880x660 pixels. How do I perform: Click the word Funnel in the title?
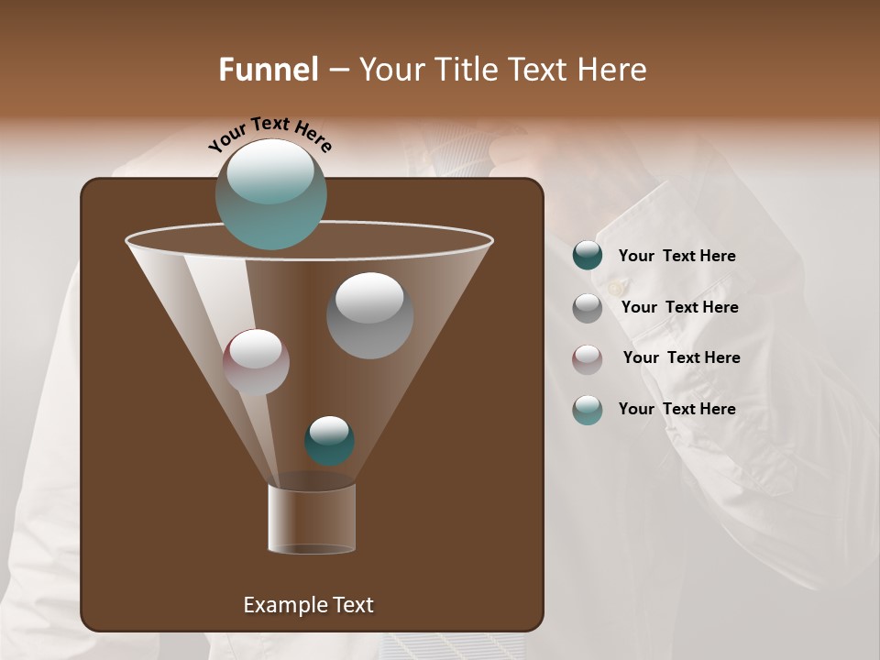(x=268, y=70)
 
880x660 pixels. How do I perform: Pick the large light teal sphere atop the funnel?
(x=270, y=193)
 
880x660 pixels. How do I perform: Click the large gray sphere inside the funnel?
(x=369, y=315)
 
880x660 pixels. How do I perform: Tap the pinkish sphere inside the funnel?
(x=256, y=362)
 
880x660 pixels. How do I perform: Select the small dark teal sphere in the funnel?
(x=329, y=441)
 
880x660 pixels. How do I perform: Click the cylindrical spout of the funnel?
(x=312, y=519)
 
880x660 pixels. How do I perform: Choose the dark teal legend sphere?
(x=587, y=256)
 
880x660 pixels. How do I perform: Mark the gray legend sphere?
(x=587, y=308)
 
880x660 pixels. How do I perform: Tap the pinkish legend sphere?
(x=587, y=358)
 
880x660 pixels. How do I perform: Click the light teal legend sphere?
(x=587, y=410)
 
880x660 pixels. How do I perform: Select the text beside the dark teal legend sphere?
(x=676, y=257)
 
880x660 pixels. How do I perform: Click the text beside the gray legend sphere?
(x=679, y=308)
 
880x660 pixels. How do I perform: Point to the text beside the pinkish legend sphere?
(x=681, y=358)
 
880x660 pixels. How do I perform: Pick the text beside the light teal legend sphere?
(x=676, y=409)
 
